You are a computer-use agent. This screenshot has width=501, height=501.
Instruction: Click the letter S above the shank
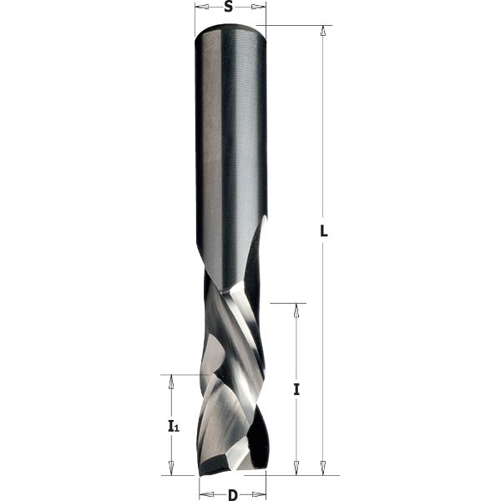pyautogui.click(x=229, y=8)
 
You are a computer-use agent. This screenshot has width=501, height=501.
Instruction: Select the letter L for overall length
pyautogui.click(x=324, y=232)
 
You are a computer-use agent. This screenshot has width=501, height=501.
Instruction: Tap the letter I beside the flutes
pyautogui.click(x=296, y=389)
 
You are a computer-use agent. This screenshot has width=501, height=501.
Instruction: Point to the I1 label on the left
pyautogui.click(x=172, y=427)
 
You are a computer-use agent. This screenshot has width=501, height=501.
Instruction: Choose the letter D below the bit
pyautogui.click(x=232, y=495)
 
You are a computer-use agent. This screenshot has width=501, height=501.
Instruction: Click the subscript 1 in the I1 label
pyautogui.click(x=177, y=429)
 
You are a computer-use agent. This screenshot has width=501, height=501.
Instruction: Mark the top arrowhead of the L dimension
pyautogui.click(x=322, y=32)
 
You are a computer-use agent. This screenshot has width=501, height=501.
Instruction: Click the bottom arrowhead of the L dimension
pyautogui.click(x=322, y=468)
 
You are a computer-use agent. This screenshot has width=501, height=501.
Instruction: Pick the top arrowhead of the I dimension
pyautogui.click(x=296, y=310)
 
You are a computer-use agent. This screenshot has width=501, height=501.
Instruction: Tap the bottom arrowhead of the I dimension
pyautogui.click(x=296, y=468)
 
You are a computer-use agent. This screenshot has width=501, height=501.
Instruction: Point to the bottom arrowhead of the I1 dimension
pyautogui.click(x=171, y=468)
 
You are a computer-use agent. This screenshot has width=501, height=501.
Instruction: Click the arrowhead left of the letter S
pyautogui.click(x=201, y=8)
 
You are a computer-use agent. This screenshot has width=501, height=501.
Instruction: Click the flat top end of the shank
pyautogui.click(x=230, y=29)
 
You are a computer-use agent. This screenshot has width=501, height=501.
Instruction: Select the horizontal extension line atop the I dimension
pyautogui.click(x=289, y=303)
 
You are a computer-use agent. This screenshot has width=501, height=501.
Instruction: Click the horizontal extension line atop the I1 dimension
pyautogui.click(x=180, y=375)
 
